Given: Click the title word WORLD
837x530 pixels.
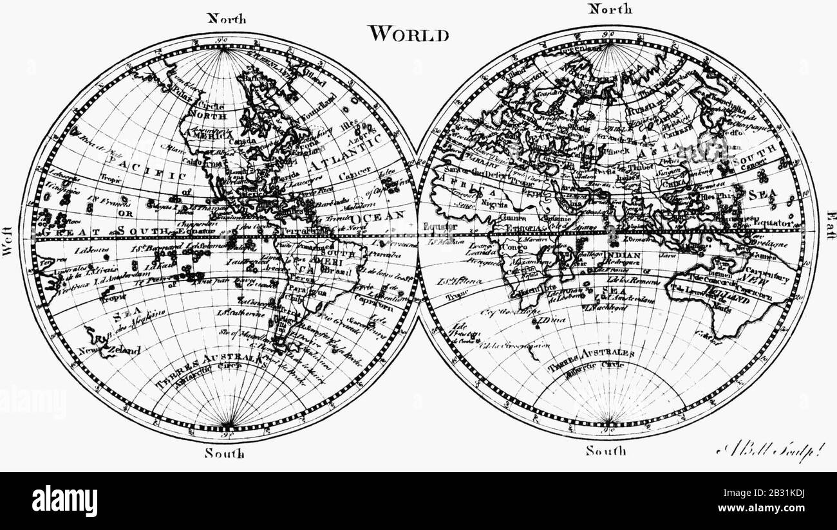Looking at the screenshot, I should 408,34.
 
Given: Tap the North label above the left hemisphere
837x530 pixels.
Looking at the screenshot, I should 226,19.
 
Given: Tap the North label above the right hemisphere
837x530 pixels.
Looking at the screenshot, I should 610,8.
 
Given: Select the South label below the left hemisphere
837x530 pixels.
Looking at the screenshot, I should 225,453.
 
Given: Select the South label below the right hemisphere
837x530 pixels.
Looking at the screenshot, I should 605,451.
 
